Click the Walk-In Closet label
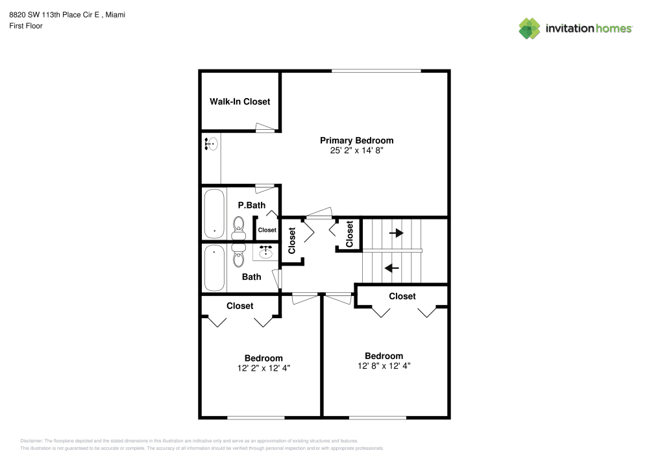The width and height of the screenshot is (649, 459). coord(239,102)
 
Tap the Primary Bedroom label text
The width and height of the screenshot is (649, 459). coord(356,140)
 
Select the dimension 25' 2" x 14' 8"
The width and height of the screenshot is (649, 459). coord(356,151)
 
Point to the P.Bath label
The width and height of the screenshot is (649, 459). coord(251,205)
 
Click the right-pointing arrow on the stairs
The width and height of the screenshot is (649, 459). coord(396,233)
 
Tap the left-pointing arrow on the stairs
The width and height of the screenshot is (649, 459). coord(392,267)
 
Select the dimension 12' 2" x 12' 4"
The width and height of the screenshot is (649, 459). coord(263,367)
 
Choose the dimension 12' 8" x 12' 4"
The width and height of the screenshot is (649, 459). coord(384,366)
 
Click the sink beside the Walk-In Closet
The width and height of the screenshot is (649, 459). coord(211,144)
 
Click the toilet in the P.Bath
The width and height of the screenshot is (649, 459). coord(238,227)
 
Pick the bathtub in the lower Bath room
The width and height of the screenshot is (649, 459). coord(214,267)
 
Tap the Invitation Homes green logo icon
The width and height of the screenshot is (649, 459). coord(529,28)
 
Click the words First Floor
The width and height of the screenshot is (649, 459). coord(26,26)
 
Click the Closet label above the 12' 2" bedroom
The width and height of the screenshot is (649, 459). coord(239,306)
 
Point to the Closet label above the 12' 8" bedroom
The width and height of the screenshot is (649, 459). coord(402,296)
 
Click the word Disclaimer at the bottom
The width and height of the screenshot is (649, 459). coord(32,440)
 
